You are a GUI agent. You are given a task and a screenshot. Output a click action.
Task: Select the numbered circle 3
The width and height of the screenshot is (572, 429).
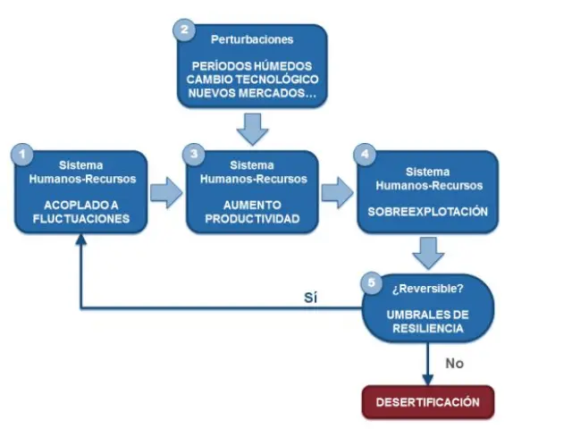pyautogui.click(x=196, y=154)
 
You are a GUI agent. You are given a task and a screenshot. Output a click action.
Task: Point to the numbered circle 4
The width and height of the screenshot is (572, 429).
pyautogui.click(x=363, y=154)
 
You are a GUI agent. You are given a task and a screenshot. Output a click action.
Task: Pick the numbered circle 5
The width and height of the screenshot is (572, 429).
pyautogui.click(x=372, y=283)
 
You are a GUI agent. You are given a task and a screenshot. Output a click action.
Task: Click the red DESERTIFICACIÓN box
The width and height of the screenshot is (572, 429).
pyautogui.click(x=427, y=402)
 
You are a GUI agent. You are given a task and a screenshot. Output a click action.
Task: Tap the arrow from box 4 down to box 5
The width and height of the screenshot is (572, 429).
pyautogui.click(x=429, y=253)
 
